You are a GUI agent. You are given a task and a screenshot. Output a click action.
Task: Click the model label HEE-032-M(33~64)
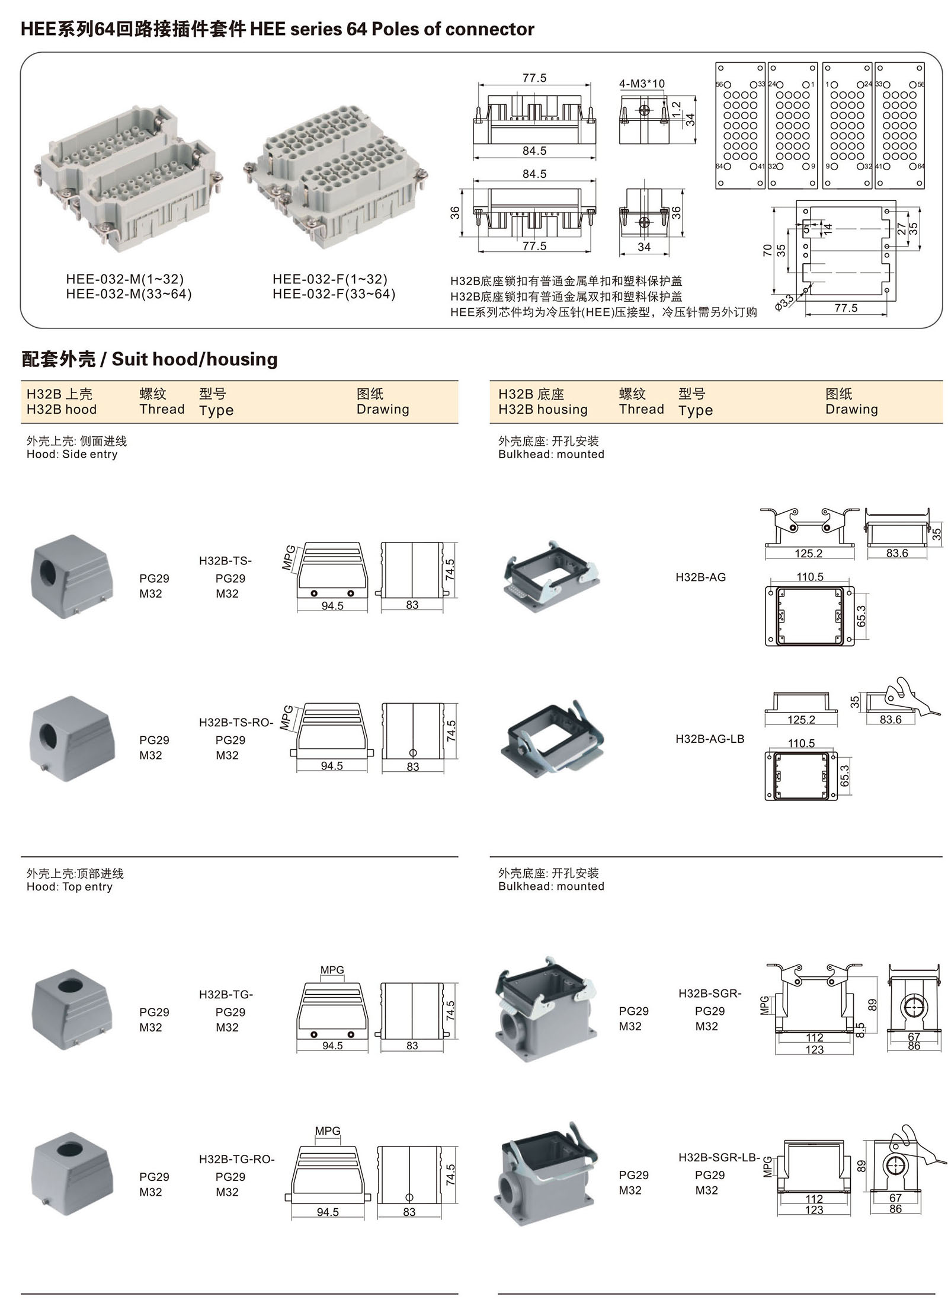[x=129, y=294]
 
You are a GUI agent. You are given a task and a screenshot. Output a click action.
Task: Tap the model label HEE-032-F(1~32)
[x=330, y=279]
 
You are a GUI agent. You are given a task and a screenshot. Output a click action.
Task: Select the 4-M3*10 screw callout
[x=642, y=84]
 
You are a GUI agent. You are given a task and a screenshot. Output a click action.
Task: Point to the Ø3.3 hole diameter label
[x=784, y=302]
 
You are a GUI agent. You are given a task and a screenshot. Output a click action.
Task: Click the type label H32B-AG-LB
[x=710, y=739]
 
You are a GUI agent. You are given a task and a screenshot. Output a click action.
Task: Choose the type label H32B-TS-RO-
[x=236, y=722]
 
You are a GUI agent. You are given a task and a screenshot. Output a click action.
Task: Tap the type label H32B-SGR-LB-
[x=719, y=1157]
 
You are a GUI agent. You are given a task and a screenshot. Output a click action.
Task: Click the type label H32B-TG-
[x=226, y=994]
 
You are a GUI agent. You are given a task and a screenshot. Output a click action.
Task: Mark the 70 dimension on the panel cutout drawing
[x=768, y=250]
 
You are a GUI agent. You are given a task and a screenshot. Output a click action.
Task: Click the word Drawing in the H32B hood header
[x=383, y=409]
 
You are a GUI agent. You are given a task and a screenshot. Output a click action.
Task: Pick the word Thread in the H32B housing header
[x=641, y=409]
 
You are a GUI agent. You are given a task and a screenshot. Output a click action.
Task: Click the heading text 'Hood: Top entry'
[x=69, y=886]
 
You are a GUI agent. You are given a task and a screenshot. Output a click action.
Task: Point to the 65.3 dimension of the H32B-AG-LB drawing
[x=845, y=775]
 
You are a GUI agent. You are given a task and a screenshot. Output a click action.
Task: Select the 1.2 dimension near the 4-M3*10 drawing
[x=677, y=110]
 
